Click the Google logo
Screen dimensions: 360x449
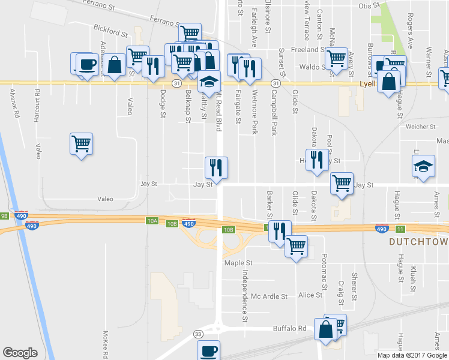pyautogui.click(x=20, y=353)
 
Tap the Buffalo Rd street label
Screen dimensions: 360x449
pyautogui.click(x=290, y=328)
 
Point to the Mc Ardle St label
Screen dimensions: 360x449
pyautogui.click(x=269, y=296)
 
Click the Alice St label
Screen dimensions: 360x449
pyautogui.click(x=310, y=295)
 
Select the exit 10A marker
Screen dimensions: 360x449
pyautogui.click(x=152, y=221)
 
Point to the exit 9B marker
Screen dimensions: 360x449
pyautogui.click(x=4, y=215)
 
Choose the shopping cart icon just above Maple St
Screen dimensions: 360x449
pyautogui.click(x=296, y=245)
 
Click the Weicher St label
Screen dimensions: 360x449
pyautogui.click(x=420, y=127)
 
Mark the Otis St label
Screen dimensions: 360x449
pyautogui.click(x=366, y=5)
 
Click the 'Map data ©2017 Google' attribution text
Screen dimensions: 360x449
pyautogui.click(x=411, y=355)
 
